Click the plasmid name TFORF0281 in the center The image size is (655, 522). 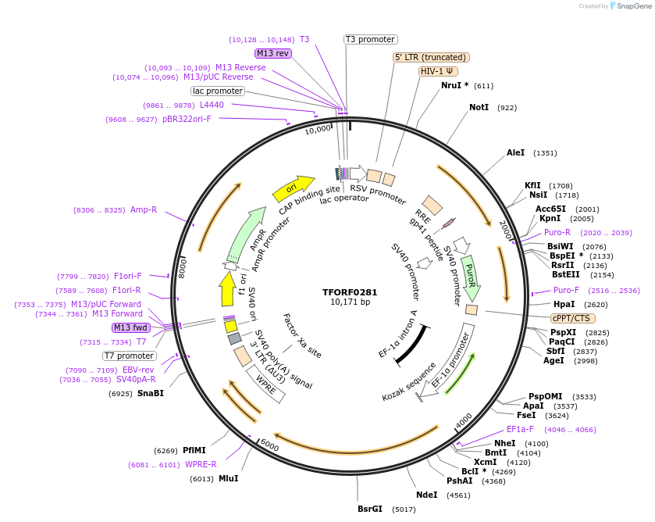click(x=350, y=291)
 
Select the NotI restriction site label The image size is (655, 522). click(x=479, y=107)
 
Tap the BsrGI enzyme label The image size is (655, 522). click(x=370, y=509)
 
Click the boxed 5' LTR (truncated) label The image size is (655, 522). click(x=430, y=57)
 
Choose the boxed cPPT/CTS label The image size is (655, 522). click(x=572, y=318)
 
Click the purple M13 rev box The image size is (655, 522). click(x=272, y=53)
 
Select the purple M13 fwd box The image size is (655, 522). click(x=130, y=327)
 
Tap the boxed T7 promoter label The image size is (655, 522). click(x=129, y=356)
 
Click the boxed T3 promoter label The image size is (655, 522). click(x=370, y=39)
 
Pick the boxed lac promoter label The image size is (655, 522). click(x=218, y=91)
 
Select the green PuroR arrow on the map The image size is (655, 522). click(x=471, y=277)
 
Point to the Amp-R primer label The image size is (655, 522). click(x=144, y=209)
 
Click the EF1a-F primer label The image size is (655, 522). click(x=520, y=429)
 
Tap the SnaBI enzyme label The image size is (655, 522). click(x=151, y=393)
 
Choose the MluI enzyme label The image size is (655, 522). click(x=228, y=478)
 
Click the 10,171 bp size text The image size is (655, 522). click(x=350, y=302)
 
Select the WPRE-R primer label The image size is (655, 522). click(x=201, y=464)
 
